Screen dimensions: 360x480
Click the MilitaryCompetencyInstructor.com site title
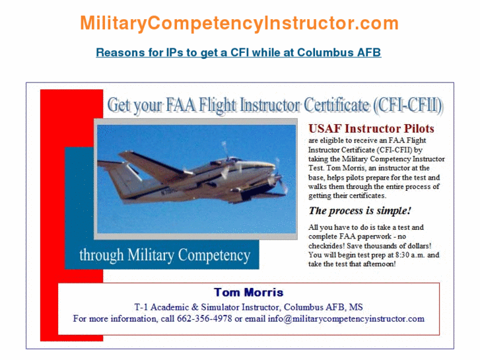(x=239, y=24)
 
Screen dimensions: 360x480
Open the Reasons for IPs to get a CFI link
(x=238, y=52)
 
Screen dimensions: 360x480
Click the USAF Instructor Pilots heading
(x=371, y=128)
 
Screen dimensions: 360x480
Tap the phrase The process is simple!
(x=360, y=211)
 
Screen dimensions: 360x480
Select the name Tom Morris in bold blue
(x=248, y=292)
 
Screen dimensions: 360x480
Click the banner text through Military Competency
(x=164, y=255)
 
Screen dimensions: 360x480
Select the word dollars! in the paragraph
(x=415, y=246)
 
